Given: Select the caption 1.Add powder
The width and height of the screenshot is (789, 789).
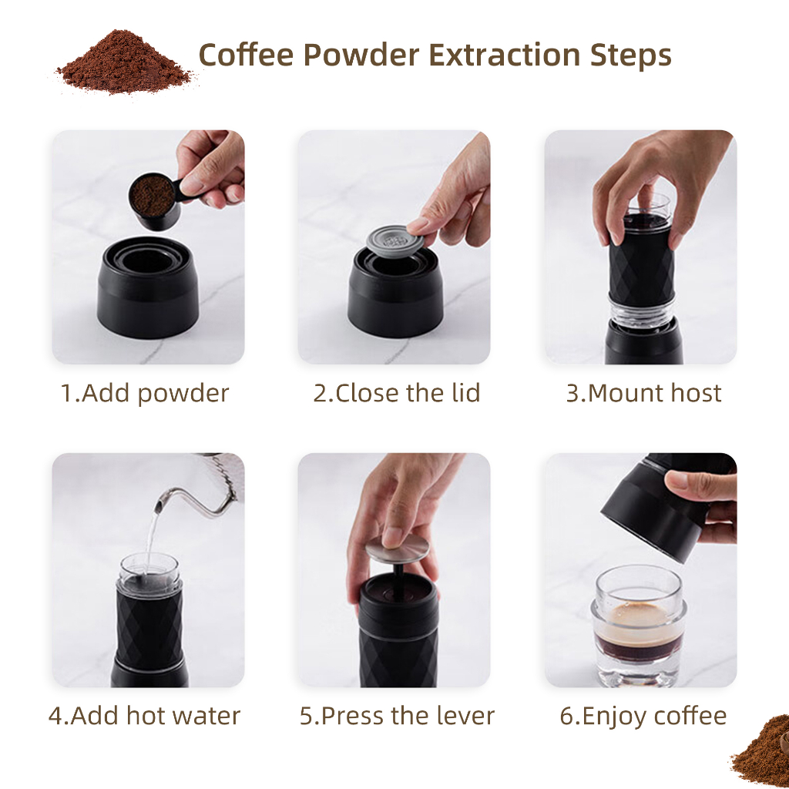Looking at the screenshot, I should tap(145, 393).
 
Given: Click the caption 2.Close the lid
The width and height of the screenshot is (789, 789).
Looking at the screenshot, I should tap(396, 393).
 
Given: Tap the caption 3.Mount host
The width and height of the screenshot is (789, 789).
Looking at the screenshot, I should tap(643, 393).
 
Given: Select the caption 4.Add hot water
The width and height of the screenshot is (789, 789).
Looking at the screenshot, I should tap(145, 716).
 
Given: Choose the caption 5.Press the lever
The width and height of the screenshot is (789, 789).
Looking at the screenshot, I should tap(397, 716).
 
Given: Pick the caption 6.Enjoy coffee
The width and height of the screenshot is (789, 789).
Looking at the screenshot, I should tap(643, 716).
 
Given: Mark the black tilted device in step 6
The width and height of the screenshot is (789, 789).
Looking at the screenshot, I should tap(651, 509).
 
